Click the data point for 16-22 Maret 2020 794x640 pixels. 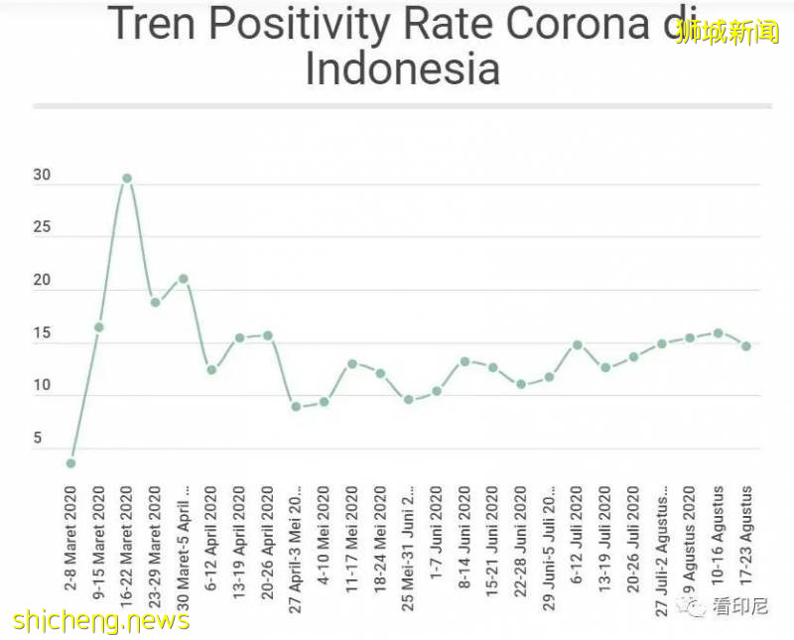127,179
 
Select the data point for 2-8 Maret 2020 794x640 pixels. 70,463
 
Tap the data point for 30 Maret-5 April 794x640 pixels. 183,279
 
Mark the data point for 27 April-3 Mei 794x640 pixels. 296,406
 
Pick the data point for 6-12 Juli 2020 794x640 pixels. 577,345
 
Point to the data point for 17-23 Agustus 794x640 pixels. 745,346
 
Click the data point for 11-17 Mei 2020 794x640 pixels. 352,364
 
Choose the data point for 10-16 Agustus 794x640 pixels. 718,333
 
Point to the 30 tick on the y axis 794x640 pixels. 41,175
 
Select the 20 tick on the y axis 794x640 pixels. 41,281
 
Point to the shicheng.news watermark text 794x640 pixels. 101,621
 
